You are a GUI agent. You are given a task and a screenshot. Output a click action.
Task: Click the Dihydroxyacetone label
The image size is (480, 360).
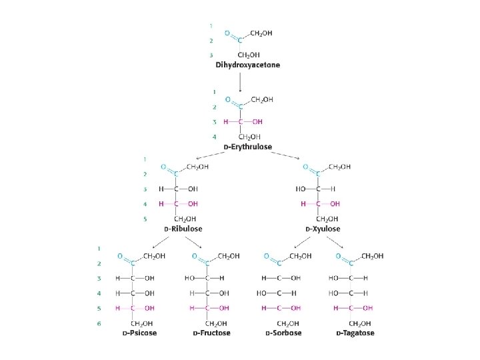[247, 65]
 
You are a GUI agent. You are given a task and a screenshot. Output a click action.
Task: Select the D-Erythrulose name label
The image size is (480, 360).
[247, 147]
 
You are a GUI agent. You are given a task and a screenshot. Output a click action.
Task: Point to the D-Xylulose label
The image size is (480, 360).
[323, 229]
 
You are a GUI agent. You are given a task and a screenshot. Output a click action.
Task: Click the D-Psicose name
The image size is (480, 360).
[139, 333]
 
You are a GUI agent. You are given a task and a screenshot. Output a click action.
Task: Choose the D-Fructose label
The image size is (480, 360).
[211, 333]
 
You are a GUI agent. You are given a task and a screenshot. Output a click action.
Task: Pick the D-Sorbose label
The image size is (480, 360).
[283, 333]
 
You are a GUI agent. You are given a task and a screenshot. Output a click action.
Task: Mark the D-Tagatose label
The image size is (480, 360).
[355, 333]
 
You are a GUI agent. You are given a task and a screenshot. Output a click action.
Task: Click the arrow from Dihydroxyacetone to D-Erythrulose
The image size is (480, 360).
[240, 81]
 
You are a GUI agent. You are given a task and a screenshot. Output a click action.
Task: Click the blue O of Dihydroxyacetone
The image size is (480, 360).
[228, 32]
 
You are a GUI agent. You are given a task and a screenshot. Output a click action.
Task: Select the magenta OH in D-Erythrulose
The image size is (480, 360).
[257, 122]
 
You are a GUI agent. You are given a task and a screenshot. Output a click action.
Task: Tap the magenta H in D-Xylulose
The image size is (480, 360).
[303, 203]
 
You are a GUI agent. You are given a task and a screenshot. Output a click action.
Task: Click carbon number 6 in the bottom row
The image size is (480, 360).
[99, 323]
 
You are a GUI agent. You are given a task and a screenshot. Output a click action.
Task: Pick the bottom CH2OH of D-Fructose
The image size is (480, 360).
[211, 323]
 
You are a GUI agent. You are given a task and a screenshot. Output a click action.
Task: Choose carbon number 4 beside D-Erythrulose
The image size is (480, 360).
[214, 137]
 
